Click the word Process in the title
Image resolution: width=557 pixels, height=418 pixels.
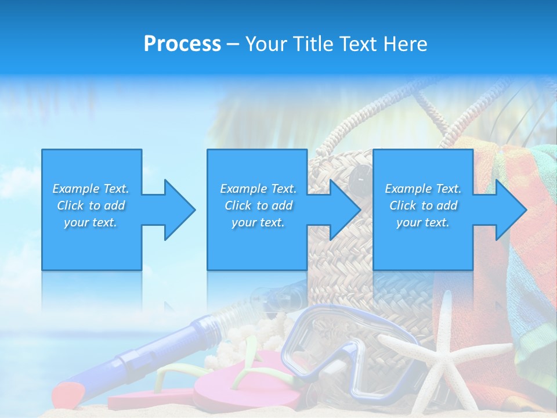182,44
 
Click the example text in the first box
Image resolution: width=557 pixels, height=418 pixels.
91,205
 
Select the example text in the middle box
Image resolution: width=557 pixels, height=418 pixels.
258,205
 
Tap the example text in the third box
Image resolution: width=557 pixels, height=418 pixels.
422,205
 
